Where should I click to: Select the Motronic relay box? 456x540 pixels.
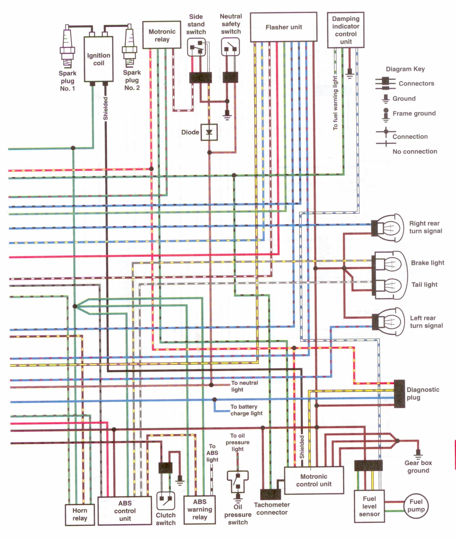[x=162, y=35]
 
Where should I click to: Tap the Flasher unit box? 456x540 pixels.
[x=284, y=27]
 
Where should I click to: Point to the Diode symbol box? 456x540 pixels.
[x=209, y=132]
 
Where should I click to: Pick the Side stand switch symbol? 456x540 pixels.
[x=196, y=47]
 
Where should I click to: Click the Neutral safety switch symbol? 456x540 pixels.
[x=230, y=47]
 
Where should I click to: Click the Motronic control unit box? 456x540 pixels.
[x=314, y=480]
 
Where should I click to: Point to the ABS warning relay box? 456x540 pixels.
[x=200, y=509]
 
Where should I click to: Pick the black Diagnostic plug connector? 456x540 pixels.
[x=399, y=394]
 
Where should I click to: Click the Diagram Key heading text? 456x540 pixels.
[x=405, y=69]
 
